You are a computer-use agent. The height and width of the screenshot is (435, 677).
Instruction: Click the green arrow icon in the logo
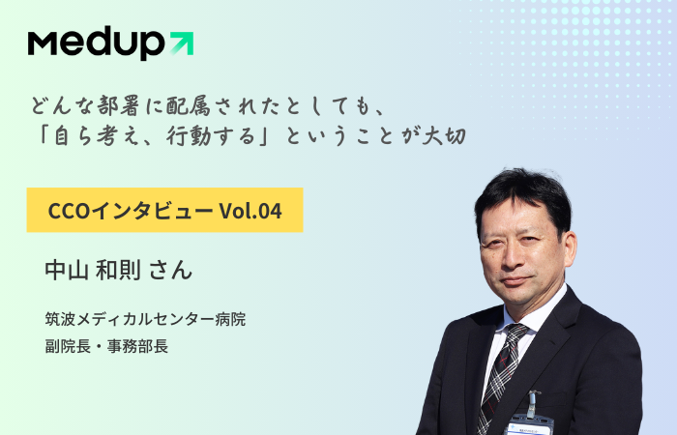pyautogui.click(x=182, y=43)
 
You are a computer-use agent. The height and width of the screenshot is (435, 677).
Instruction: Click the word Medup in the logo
pyautogui.click(x=96, y=43)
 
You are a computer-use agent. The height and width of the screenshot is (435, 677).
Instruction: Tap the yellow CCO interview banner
pyautogui.click(x=165, y=210)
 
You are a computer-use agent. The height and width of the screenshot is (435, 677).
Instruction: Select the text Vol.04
pyautogui.click(x=250, y=211)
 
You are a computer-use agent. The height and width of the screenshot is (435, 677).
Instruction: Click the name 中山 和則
pyautogui.click(x=93, y=270)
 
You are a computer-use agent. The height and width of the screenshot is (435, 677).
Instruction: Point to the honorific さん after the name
pyautogui.click(x=170, y=271)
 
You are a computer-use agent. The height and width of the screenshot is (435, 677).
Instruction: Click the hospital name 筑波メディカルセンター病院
pyautogui.click(x=145, y=319)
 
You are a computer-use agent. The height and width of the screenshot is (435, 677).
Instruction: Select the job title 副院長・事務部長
pyautogui.click(x=106, y=346)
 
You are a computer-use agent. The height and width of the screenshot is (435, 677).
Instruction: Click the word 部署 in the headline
pyautogui.click(x=118, y=106)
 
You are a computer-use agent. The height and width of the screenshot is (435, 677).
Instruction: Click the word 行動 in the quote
pyautogui.click(x=189, y=136)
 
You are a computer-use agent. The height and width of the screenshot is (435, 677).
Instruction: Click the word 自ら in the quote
pyautogui.click(x=73, y=136)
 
